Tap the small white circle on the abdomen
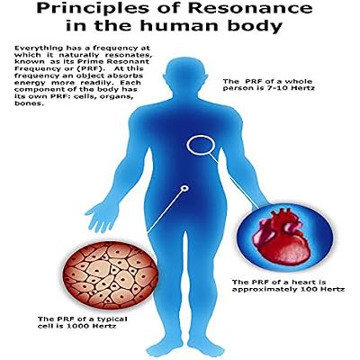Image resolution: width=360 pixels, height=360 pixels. [x=184, y=188]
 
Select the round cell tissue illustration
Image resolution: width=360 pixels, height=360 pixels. [x=111, y=275]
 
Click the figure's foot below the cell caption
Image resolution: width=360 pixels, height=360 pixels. [x=161, y=348]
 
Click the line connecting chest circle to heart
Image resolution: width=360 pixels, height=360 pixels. [x=235, y=181]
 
